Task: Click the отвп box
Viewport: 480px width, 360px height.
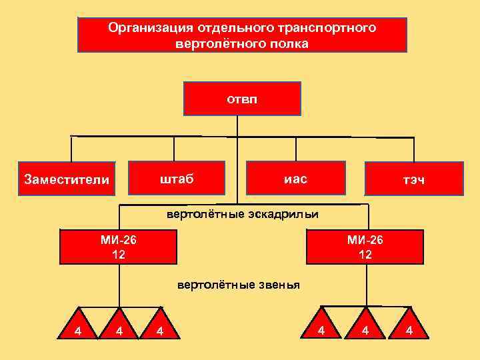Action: point(242,99)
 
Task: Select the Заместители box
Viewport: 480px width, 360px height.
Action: point(65,179)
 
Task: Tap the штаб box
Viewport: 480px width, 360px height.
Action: point(176,179)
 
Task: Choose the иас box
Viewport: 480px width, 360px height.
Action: point(295,179)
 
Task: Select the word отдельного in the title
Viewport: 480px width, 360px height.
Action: point(236,28)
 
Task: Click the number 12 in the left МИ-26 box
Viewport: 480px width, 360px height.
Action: point(118,254)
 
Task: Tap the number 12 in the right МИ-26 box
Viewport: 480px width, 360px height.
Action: point(365,254)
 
